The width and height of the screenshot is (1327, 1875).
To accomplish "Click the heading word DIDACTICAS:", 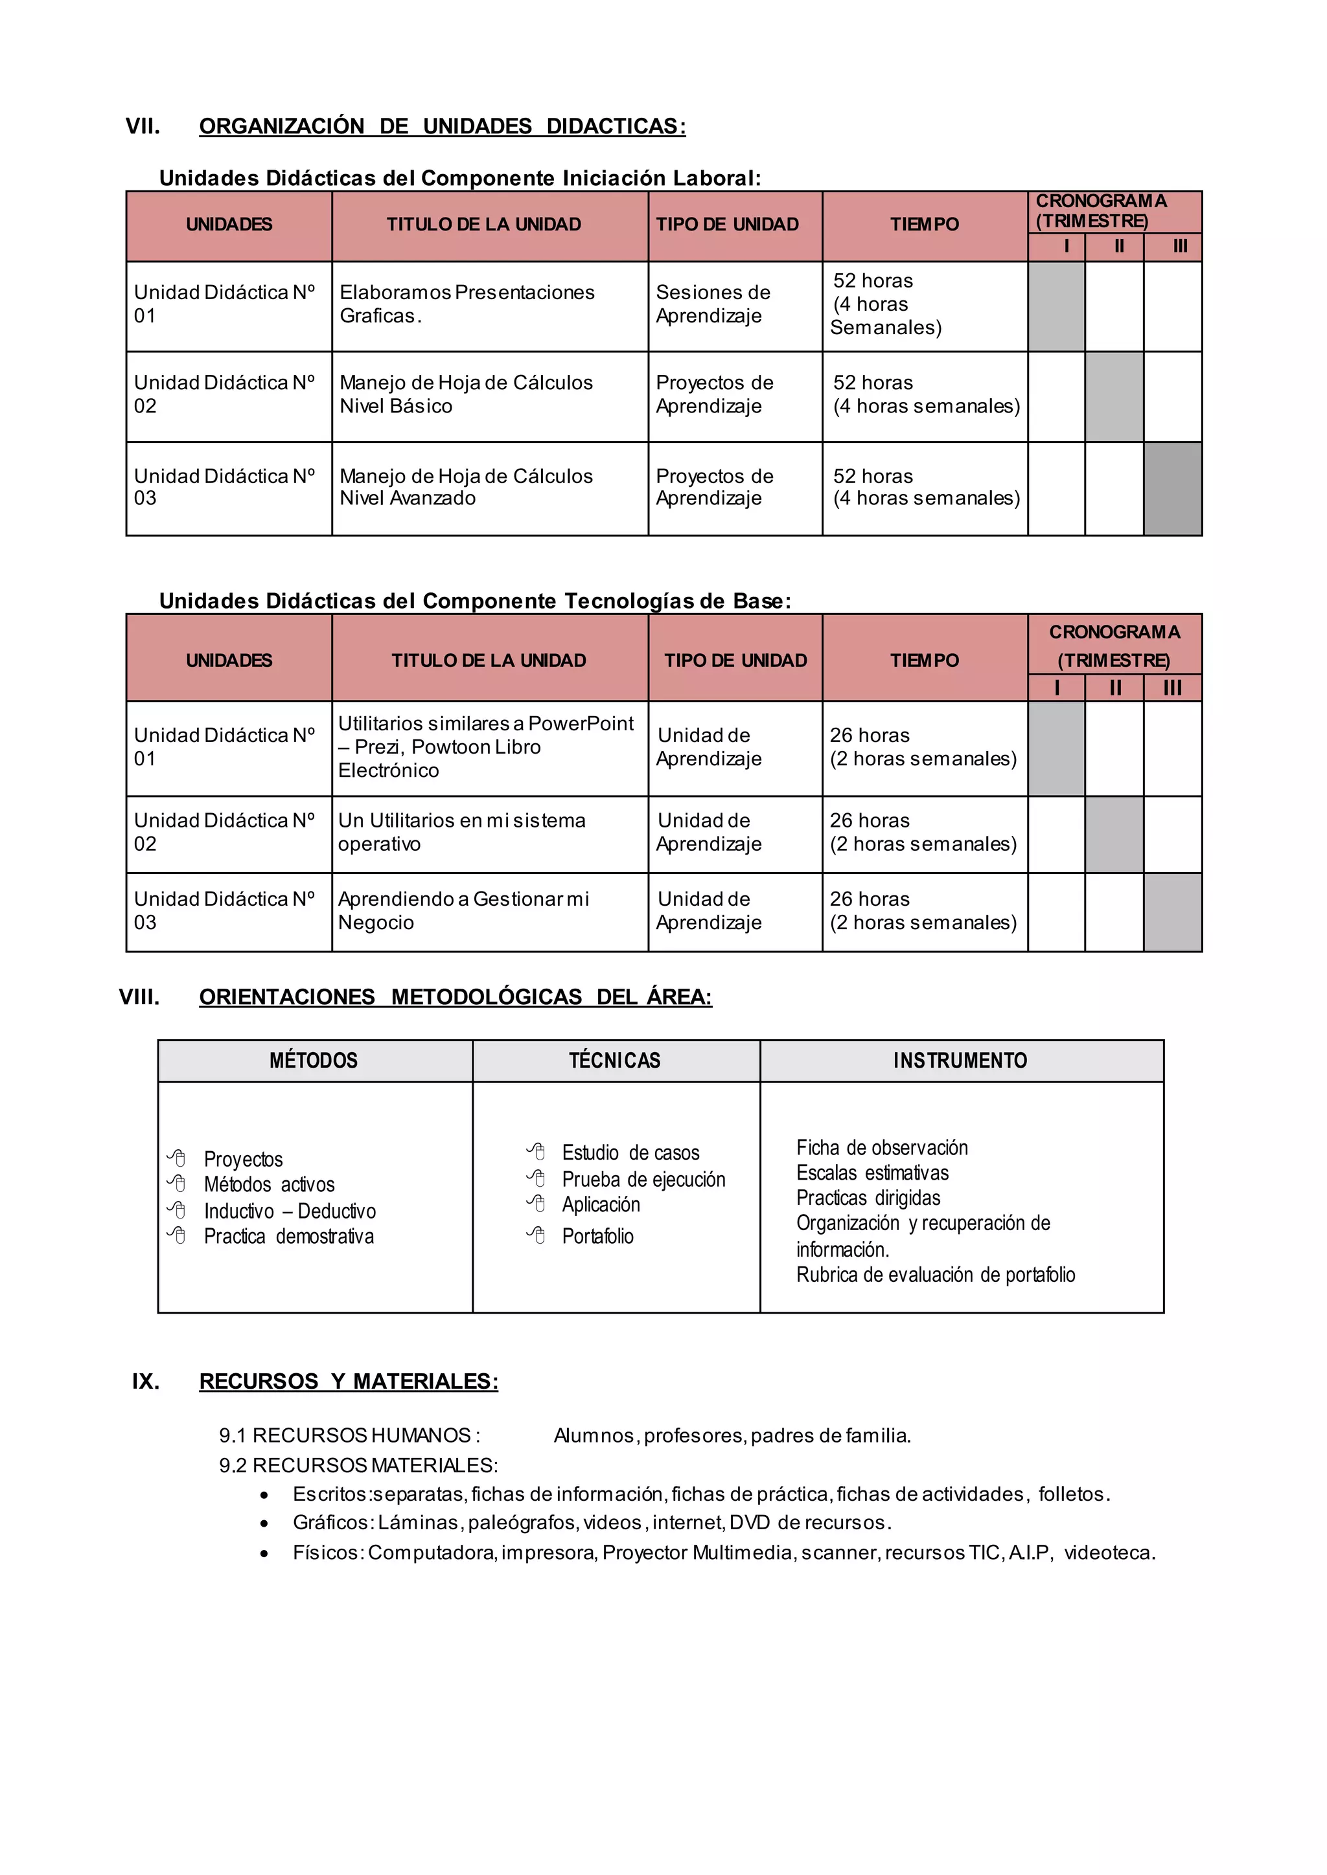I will tap(616, 127).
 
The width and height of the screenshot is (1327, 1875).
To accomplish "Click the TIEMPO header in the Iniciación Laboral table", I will tap(924, 225).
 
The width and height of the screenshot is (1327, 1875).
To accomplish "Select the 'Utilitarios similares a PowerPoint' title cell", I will tap(489, 747).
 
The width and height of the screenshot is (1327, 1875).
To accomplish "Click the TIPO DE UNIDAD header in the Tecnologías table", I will tap(735, 660).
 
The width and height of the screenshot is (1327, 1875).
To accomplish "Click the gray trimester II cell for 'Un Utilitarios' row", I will tap(1114, 834).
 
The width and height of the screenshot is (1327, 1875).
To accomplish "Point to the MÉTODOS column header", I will tap(314, 1061).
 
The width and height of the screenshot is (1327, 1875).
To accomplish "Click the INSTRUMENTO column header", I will tap(960, 1061).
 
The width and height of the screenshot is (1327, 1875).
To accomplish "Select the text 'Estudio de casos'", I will tap(630, 1153).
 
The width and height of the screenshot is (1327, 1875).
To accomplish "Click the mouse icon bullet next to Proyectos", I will tap(176, 1158).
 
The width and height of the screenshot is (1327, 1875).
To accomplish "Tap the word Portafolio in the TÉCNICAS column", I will tap(597, 1237).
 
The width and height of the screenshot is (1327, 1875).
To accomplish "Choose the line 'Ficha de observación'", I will tap(882, 1148).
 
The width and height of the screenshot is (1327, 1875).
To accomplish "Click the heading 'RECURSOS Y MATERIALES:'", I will tap(348, 1382).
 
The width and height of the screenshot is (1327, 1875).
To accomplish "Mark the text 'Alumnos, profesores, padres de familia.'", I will tap(732, 1435).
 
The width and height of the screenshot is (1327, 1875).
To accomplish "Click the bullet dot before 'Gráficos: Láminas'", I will tap(264, 1524).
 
